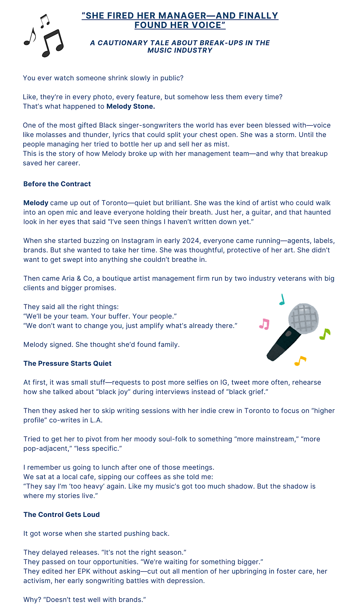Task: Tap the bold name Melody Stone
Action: tap(131, 106)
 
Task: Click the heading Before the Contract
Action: tap(57, 184)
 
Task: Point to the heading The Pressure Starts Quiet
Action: tap(67, 363)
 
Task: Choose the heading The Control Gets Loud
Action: tap(61, 515)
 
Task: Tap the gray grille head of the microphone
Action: tap(304, 319)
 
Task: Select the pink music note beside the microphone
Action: tap(265, 324)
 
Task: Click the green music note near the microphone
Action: tap(325, 334)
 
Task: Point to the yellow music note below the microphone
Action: tap(300, 361)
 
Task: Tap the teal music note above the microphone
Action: tap(282, 300)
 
